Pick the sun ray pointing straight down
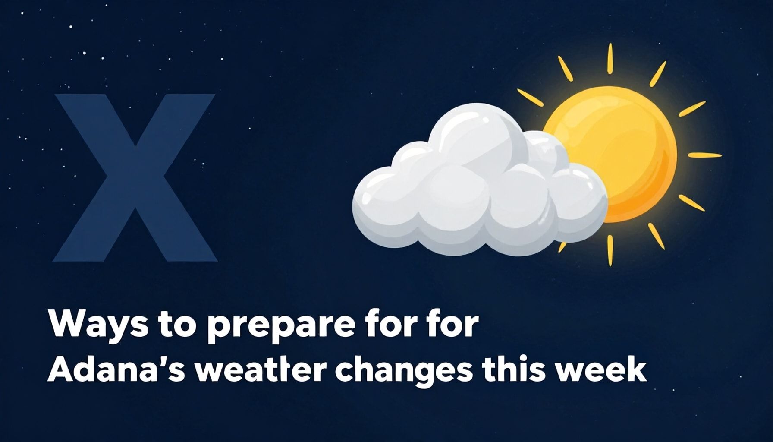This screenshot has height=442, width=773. click(610, 250)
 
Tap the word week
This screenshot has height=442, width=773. click(600, 370)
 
